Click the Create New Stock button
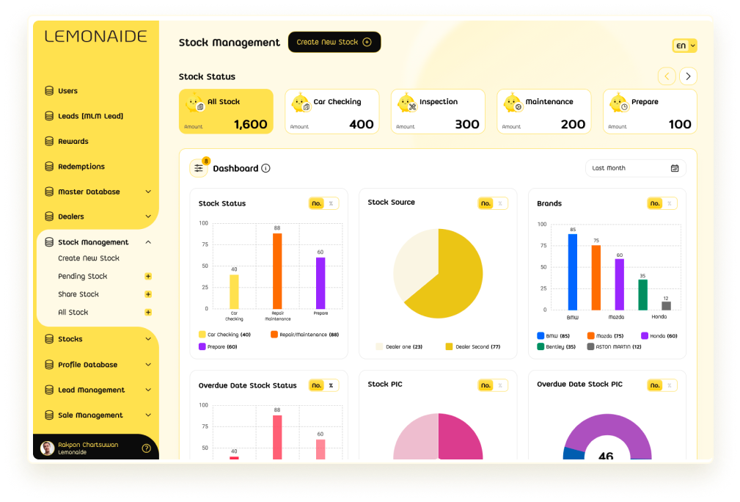point(334,42)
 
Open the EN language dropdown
point(684,46)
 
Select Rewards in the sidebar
point(73,142)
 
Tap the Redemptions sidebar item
point(81,167)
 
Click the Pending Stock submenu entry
point(82,277)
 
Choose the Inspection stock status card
point(438,112)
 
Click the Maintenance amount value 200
point(573,124)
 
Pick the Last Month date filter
point(635,168)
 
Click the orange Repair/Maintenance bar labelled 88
point(277,271)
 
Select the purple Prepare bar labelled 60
point(320,283)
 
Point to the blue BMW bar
point(573,272)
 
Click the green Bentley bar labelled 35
point(642,294)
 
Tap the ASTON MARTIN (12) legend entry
point(614,346)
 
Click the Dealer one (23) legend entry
point(399,346)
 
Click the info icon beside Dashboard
point(265,168)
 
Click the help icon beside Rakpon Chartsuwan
point(146,448)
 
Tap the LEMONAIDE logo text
point(96,37)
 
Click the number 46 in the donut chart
point(606,456)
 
